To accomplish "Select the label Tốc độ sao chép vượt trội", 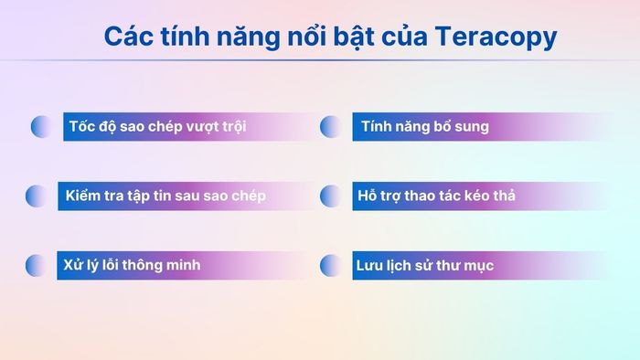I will [x=157, y=126].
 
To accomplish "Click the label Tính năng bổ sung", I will [x=425, y=126].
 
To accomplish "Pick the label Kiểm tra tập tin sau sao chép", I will [x=166, y=196].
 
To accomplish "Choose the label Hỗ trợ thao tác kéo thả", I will [x=438, y=196].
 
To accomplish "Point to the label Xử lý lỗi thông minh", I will [x=132, y=265].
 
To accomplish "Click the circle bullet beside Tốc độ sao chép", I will [x=41, y=127].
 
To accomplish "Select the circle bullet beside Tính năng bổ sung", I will [x=330, y=127].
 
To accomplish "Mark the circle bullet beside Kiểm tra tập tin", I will [x=36, y=196].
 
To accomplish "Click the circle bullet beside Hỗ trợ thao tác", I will [x=330, y=196].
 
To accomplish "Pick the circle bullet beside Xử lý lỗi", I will [x=36, y=266].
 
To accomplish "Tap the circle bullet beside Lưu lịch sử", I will [x=330, y=266].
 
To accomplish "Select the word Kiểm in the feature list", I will [x=84, y=196].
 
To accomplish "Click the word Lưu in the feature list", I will [x=369, y=266].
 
